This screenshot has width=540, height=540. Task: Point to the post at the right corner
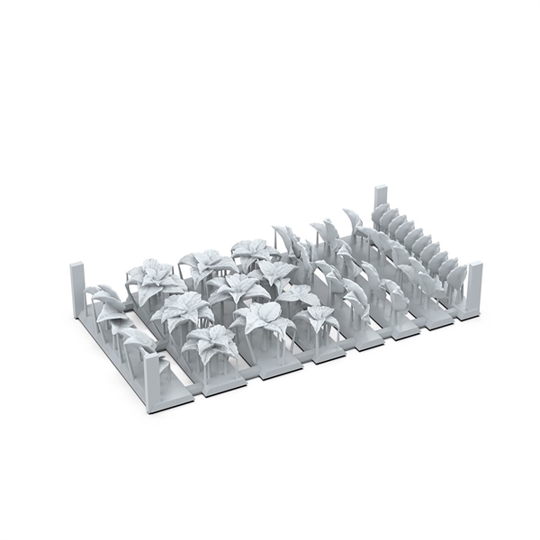[x=474, y=286]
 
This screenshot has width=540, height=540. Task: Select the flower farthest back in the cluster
[x=252, y=250]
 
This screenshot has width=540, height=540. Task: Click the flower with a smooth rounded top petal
[x=262, y=316]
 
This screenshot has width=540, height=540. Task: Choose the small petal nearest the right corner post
[x=455, y=274]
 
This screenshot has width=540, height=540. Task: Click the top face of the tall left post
[x=76, y=265]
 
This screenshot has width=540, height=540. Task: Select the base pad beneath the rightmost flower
[x=328, y=354]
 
